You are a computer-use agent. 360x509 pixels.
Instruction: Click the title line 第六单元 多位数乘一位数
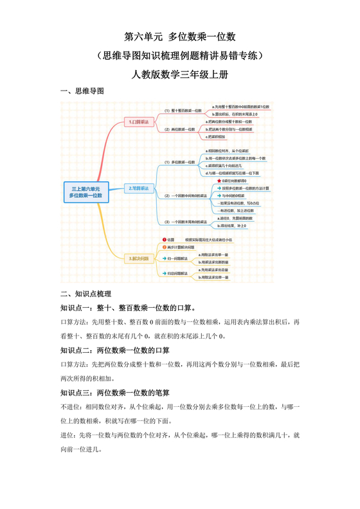pos(180,38)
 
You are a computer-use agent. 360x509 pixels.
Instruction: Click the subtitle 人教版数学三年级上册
pos(180,75)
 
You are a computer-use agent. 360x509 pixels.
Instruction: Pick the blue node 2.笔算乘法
pos(138,188)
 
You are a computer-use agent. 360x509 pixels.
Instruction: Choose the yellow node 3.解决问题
pos(138,258)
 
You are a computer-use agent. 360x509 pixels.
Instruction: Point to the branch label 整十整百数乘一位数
pos(183,111)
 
